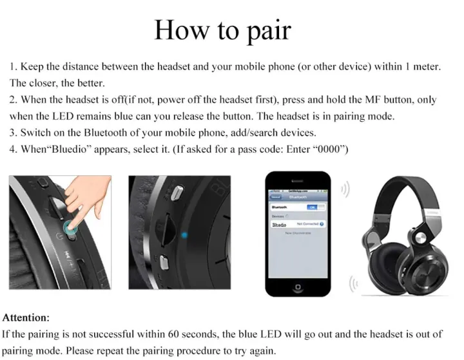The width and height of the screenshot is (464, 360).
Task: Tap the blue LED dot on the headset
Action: coord(184,234)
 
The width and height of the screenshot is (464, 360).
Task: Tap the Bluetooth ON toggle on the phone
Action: coord(313,207)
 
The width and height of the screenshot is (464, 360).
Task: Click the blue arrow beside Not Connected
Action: coord(322,224)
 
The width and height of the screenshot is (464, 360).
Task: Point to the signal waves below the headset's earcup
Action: coord(353,283)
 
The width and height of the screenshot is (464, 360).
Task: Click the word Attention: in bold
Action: coord(26,317)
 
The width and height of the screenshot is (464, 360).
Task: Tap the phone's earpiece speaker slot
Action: coord(297,180)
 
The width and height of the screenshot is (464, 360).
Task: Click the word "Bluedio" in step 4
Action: coord(68,149)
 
